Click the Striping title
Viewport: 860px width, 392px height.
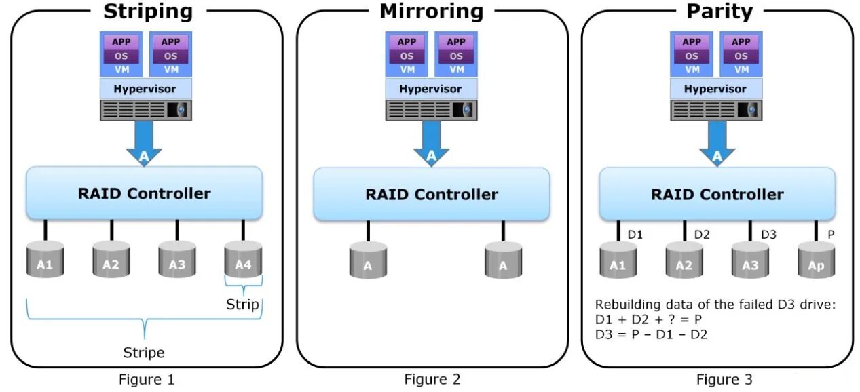[x=147, y=12]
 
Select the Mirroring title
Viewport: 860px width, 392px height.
[x=431, y=12]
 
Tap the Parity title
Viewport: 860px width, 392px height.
[x=719, y=12]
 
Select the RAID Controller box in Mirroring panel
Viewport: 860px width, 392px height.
[x=431, y=195]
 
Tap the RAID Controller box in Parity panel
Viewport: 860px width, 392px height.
[x=717, y=195]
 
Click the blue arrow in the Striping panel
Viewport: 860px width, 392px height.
[x=144, y=142]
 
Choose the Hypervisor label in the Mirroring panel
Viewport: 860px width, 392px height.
[x=430, y=89]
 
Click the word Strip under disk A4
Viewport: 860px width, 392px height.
[x=242, y=305]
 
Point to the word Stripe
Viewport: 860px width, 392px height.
[x=144, y=353]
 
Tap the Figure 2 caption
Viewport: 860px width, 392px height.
[x=432, y=379]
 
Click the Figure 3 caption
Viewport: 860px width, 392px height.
[x=724, y=379]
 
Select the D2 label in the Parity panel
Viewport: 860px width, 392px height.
[x=702, y=235]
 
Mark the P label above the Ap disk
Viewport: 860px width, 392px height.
[x=830, y=235]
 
